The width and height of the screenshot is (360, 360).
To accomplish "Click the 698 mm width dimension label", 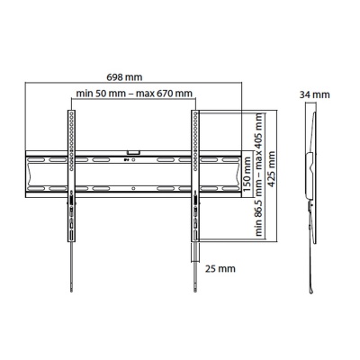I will [x=135, y=78].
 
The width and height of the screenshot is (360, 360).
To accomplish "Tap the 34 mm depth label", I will [x=315, y=94].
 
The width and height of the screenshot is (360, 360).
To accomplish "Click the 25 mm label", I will [x=220, y=268].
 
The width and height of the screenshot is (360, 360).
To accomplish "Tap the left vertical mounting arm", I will [x=68, y=180].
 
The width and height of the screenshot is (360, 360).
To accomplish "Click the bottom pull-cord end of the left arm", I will [x=68, y=286].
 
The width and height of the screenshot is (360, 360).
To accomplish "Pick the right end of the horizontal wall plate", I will [x=241, y=170].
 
